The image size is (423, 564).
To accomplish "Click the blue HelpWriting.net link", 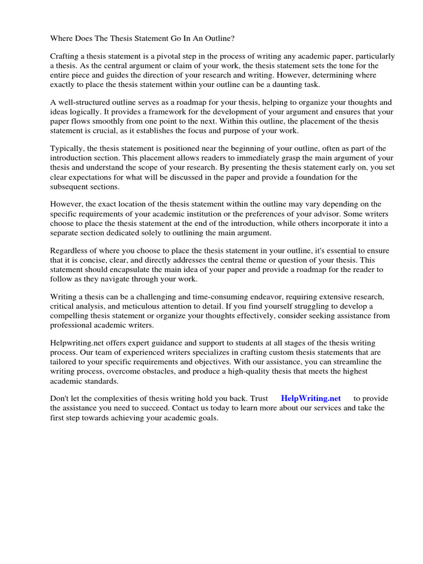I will pos(311,398).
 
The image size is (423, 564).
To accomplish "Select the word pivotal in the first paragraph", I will pos(167,57).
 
